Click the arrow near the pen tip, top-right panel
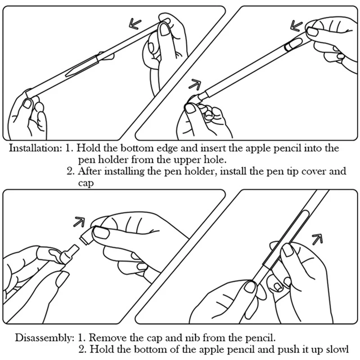tap(194, 84)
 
